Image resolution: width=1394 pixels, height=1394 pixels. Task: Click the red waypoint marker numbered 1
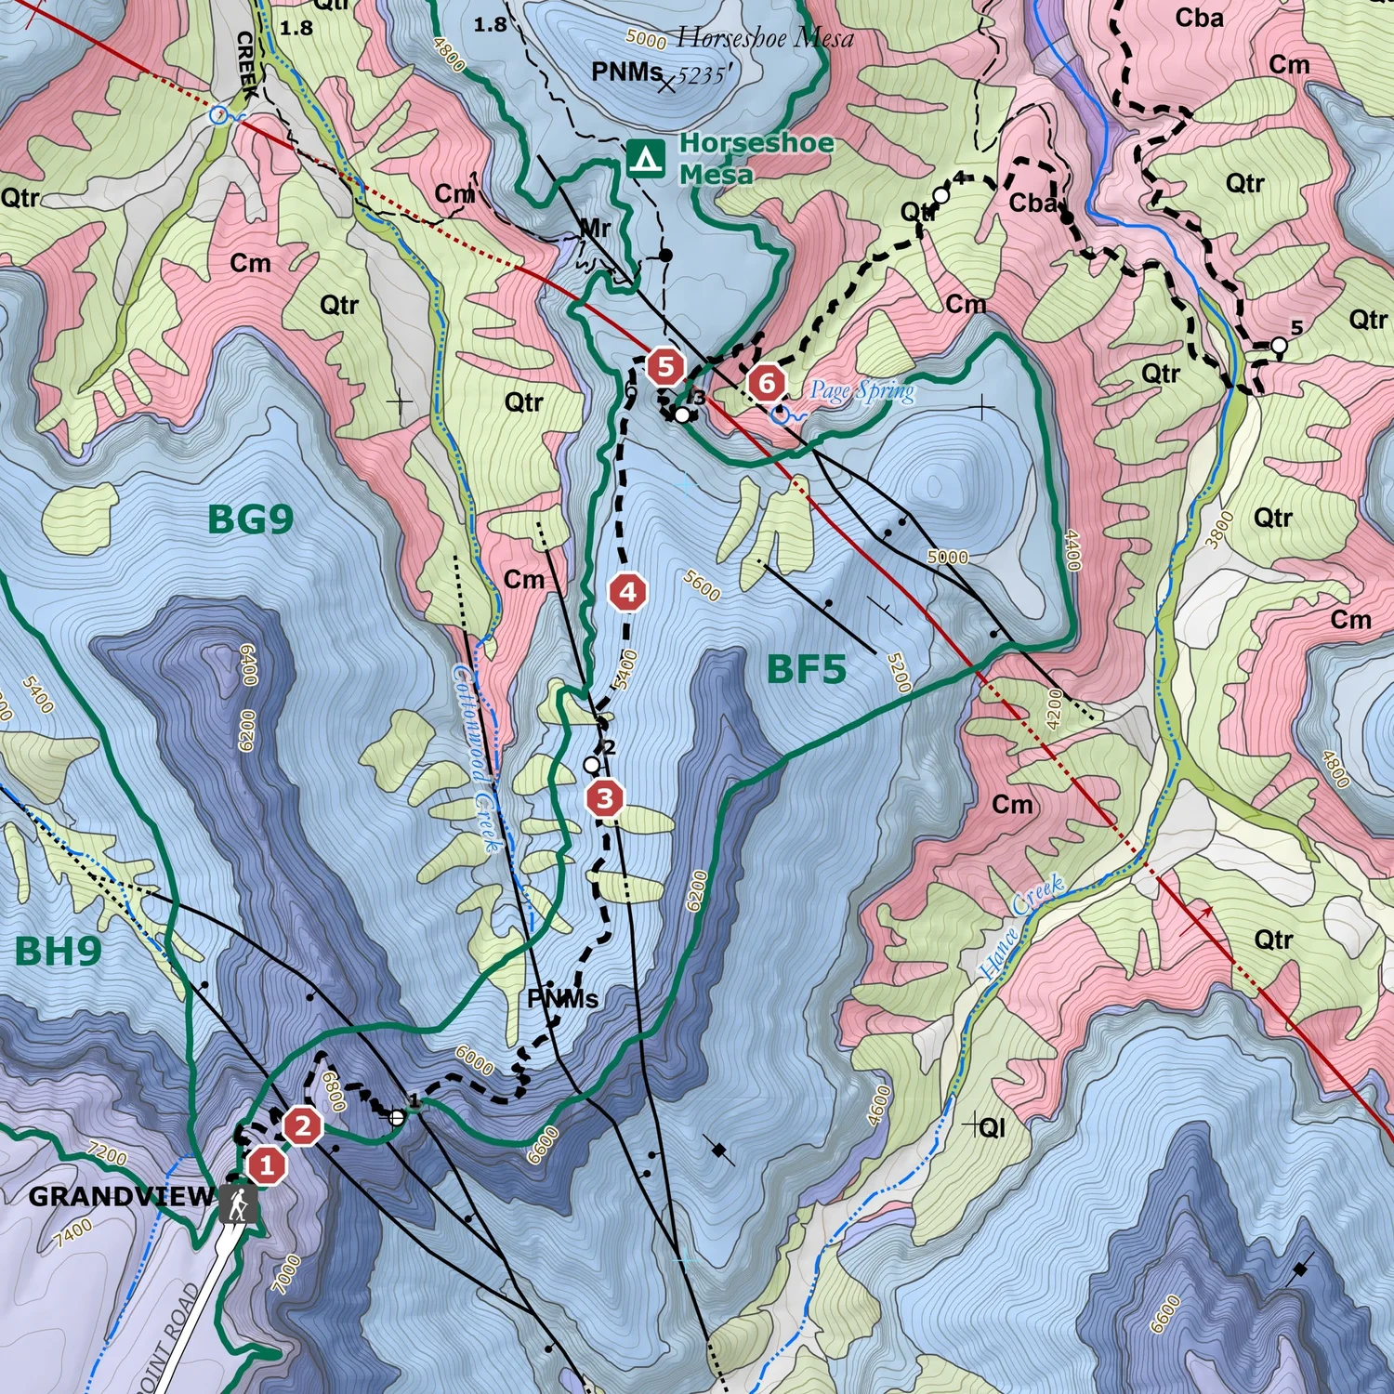[267, 1164]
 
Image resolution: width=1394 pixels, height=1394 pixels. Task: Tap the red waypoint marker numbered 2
[302, 1126]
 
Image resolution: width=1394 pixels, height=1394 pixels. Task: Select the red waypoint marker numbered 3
[605, 798]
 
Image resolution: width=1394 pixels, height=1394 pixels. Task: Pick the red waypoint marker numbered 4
[628, 592]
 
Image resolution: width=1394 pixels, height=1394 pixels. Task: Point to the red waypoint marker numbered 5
[665, 367]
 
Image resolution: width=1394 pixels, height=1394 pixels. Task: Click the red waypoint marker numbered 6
[767, 382]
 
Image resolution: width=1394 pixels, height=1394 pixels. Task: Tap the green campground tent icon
[645, 159]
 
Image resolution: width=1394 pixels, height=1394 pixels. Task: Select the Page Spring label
[861, 391]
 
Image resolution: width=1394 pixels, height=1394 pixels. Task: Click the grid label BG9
[250, 519]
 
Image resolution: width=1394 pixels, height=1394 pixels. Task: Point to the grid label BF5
[806, 669]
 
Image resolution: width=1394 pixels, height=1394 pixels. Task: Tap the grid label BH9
[58, 952]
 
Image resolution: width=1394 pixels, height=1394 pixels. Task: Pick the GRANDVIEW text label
[121, 1196]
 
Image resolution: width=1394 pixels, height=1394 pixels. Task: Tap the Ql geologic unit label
[992, 1127]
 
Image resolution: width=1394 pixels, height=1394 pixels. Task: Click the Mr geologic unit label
[595, 228]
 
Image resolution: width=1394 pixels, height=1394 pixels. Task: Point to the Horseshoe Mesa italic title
[764, 38]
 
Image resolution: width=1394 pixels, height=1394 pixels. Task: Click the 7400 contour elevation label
[73, 1233]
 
